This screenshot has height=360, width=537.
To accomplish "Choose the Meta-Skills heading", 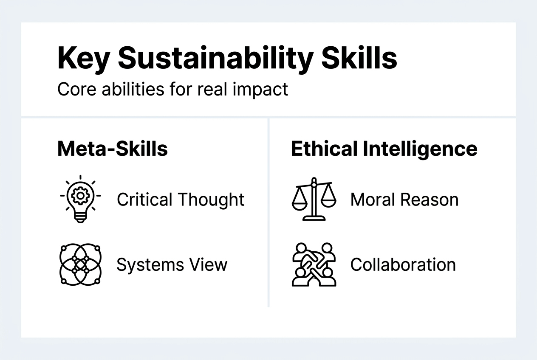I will tap(113, 149).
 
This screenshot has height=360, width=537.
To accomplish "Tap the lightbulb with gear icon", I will tap(80, 199).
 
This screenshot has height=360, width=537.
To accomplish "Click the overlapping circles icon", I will tap(80, 264).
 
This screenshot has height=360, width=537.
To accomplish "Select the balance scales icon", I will tap(314, 199).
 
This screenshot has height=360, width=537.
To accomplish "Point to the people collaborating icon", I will tap(314, 264).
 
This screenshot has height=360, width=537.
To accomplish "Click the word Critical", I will tap(144, 200).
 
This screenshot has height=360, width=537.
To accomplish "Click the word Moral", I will tap(373, 200).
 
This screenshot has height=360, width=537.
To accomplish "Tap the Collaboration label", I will tap(403, 265).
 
